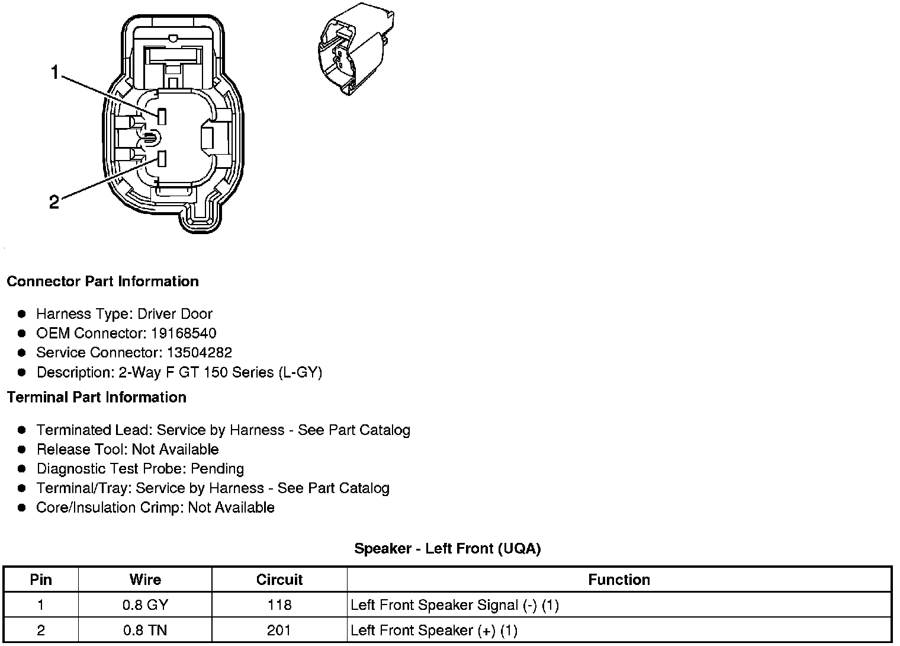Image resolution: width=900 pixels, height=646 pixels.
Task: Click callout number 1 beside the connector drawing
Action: click(55, 73)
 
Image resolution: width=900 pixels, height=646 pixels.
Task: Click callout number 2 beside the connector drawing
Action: click(54, 203)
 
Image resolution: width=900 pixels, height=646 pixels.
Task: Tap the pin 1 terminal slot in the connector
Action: click(162, 116)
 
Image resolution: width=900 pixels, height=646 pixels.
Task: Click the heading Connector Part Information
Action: click(102, 282)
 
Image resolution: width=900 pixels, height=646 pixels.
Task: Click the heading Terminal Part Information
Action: click(97, 397)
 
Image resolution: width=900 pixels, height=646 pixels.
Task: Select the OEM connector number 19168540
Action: click(184, 333)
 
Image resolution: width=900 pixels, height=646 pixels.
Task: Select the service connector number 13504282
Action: click(200, 353)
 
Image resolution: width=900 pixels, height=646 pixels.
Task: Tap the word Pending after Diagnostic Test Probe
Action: click(217, 469)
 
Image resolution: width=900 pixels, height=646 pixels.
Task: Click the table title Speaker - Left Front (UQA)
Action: click(448, 549)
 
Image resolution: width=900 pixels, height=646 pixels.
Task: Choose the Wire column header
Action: click(145, 580)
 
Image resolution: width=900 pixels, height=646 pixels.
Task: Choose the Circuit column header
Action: click(279, 580)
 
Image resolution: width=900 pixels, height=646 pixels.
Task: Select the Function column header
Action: click(619, 580)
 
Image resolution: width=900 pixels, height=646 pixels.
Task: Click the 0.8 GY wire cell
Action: click(145, 605)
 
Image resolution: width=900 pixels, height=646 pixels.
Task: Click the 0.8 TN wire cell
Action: click(145, 630)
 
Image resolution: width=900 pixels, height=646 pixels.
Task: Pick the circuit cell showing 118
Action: click(279, 605)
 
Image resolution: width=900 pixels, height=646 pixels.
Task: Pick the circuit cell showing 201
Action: click(279, 630)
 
